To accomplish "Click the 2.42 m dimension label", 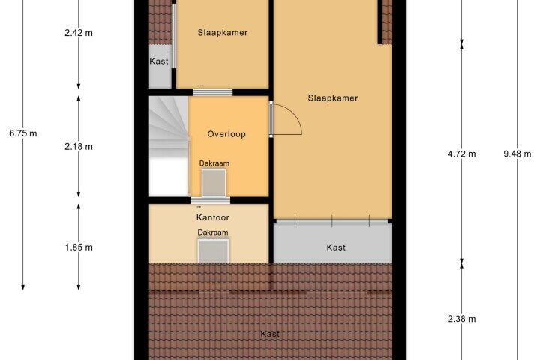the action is [x=79, y=33].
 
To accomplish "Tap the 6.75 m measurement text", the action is [x=23, y=133].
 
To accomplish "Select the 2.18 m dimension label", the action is [x=79, y=147].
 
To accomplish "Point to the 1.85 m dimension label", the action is [x=79, y=247].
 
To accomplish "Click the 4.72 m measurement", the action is [x=461, y=154].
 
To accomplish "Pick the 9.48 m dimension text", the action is [x=517, y=154].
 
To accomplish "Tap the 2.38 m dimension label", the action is [x=461, y=319].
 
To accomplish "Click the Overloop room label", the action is [x=226, y=134].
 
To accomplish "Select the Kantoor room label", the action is [x=213, y=217].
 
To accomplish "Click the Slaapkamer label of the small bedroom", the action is [x=223, y=33].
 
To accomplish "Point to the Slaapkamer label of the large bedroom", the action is [x=333, y=97].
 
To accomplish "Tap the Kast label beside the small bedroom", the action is [x=159, y=61].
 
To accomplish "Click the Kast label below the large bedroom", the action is [x=336, y=247].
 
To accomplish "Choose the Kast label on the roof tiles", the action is [x=270, y=334].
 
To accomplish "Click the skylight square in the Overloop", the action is [x=214, y=183].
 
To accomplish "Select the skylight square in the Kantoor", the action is [x=213, y=251].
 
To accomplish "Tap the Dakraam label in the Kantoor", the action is [x=213, y=232].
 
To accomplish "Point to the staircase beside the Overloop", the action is [x=169, y=146].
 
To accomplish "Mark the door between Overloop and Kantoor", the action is [x=211, y=201].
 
